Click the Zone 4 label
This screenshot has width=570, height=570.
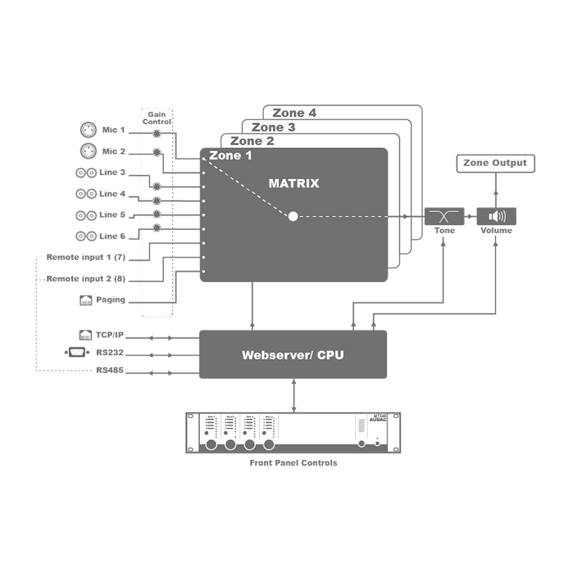(294, 113)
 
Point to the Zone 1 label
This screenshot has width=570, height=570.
(230, 156)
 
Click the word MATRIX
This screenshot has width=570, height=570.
(294, 184)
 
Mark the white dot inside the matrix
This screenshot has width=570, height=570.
(293, 217)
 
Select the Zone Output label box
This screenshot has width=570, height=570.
(496, 164)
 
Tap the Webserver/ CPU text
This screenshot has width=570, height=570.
(292, 355)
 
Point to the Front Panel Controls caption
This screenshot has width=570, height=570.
(293, 463)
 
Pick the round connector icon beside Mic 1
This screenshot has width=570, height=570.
(87, 130)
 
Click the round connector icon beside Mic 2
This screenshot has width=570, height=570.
(87, 150)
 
